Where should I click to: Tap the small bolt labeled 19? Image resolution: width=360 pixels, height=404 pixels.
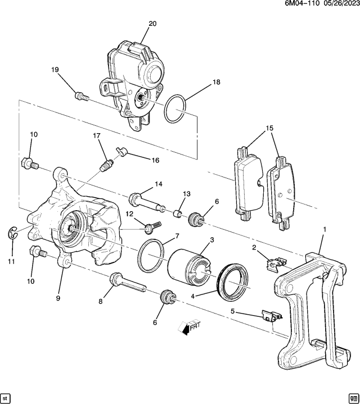(x=82, y=96)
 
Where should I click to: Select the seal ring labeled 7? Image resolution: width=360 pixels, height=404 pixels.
(x=151, y=255)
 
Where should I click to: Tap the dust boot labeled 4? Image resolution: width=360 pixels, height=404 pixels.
(x=232, y=279)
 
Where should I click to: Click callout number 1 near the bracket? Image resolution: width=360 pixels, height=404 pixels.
(x=324, y=229)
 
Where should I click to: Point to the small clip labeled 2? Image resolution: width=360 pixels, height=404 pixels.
(x=274, y=259)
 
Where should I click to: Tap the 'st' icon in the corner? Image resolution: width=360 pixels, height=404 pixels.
(x=6, y=397)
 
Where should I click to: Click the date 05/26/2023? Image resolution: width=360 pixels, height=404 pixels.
(x=339, y=4)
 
